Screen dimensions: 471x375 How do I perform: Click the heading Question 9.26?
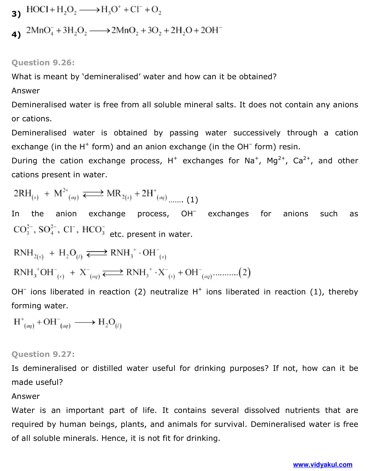[x=43, y=63]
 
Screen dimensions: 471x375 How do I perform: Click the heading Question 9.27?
[x=43, y=354]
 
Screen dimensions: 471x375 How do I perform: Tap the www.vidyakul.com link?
[x=322, y=465]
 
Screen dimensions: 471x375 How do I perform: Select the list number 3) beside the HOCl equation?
[x=16, y=14]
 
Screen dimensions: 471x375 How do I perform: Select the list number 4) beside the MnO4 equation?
[x=16, y=35]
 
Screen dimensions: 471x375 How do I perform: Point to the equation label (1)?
[x=192, y=200]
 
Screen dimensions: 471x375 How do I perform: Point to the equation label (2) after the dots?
[x=245, y=272]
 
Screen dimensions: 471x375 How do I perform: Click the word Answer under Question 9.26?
[x=26, y=91]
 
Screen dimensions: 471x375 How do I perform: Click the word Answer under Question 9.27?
[x=26, y=396]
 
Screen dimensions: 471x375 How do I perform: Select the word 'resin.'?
[x=290, y=147]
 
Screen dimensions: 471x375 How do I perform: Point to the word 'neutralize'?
[x=169, y=292]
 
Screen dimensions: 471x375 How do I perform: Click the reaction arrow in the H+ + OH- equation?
[x=85, y=322]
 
